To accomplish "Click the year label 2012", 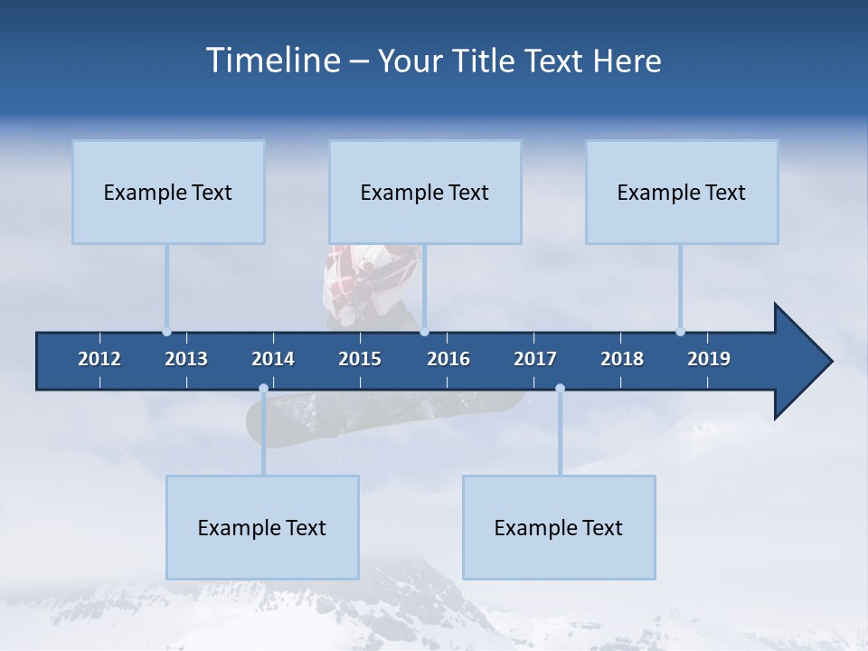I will click(99, 359).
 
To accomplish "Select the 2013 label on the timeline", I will click(186, 359).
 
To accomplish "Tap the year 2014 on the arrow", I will click(273, 359).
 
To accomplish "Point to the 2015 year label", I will click(360, 359).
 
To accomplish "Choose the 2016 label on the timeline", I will click(448, 359).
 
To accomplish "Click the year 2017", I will click(535, 359).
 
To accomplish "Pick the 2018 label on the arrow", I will click(622, 359).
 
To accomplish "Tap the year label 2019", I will click(709, 359).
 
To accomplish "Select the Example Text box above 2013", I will click(168, 192).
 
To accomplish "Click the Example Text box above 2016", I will click(425, 192).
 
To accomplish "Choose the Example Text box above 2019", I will click(682, 192).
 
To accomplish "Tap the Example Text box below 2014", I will click(262, 527).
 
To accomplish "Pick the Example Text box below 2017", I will click(559, 527).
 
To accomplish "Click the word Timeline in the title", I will click(272, 61).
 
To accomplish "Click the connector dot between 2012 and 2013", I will click(166, 332).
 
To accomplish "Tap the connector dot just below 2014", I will click(263, 389).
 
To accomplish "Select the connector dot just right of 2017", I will click(560, 389).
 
